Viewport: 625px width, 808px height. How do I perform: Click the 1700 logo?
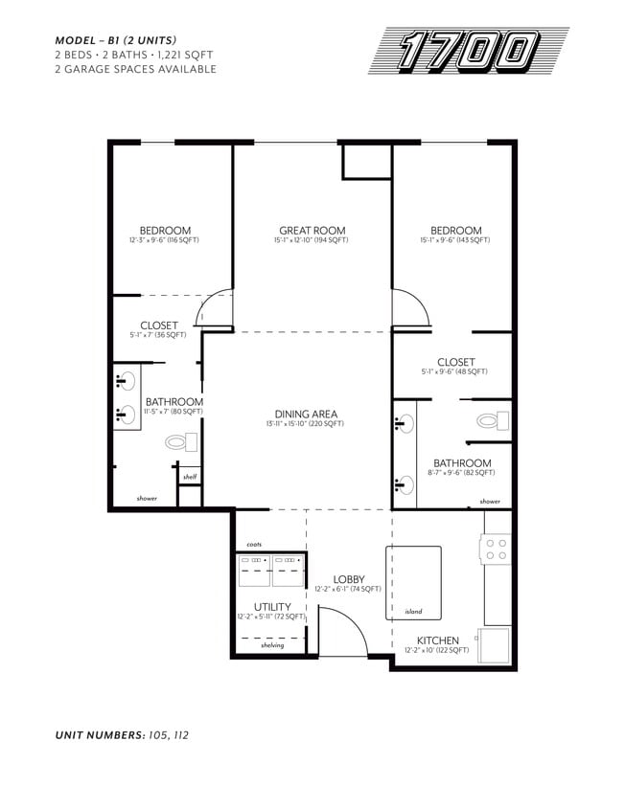pos(469,51)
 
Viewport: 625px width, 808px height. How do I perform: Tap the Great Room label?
pos(312,231)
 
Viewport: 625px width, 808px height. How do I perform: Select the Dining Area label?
pos(306,415)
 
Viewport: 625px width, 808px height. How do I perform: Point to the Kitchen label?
pos(436,640)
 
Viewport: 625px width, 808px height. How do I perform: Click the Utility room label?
pos(271,607)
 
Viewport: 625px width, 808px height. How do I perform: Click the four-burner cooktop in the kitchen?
pos(497,549)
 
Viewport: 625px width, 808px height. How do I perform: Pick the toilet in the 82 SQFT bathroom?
pos(491,420)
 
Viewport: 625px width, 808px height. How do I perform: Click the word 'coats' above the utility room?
pos(254,544)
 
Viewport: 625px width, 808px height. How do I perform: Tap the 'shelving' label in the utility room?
pos(271,644)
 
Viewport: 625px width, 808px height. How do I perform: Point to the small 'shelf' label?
pos(189,476)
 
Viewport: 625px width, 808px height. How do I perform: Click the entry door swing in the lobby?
pos(340,633)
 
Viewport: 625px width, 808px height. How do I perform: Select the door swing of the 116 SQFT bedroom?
pos(213,309)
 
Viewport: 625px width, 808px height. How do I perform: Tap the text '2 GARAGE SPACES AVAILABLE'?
pos(135,69)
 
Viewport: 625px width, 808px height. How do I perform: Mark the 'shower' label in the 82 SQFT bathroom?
pos(489,501)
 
